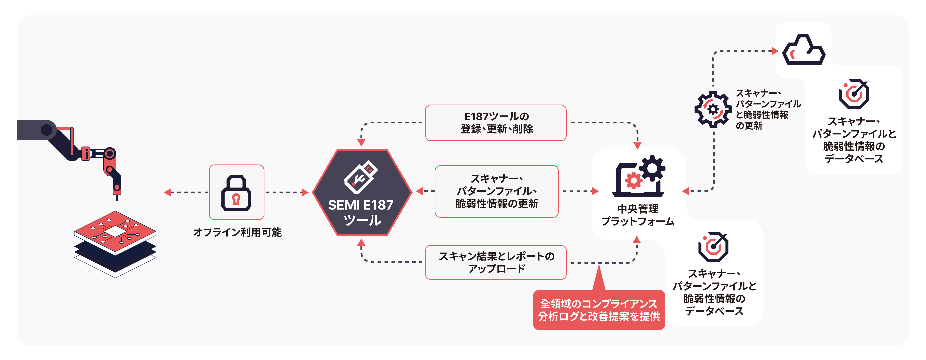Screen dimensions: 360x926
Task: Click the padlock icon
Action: (236, 193)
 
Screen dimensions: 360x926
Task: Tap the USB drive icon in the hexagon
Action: (361, 177)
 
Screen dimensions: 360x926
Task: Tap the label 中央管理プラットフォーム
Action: (638, 215)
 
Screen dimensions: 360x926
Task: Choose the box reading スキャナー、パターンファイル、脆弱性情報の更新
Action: (496, 191)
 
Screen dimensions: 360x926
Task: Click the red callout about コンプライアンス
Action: (599, 310)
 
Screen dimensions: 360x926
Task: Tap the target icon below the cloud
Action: (854, 94)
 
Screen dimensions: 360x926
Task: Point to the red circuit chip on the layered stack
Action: (115, 231)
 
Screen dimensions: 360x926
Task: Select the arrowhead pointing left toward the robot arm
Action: (167, 193)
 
